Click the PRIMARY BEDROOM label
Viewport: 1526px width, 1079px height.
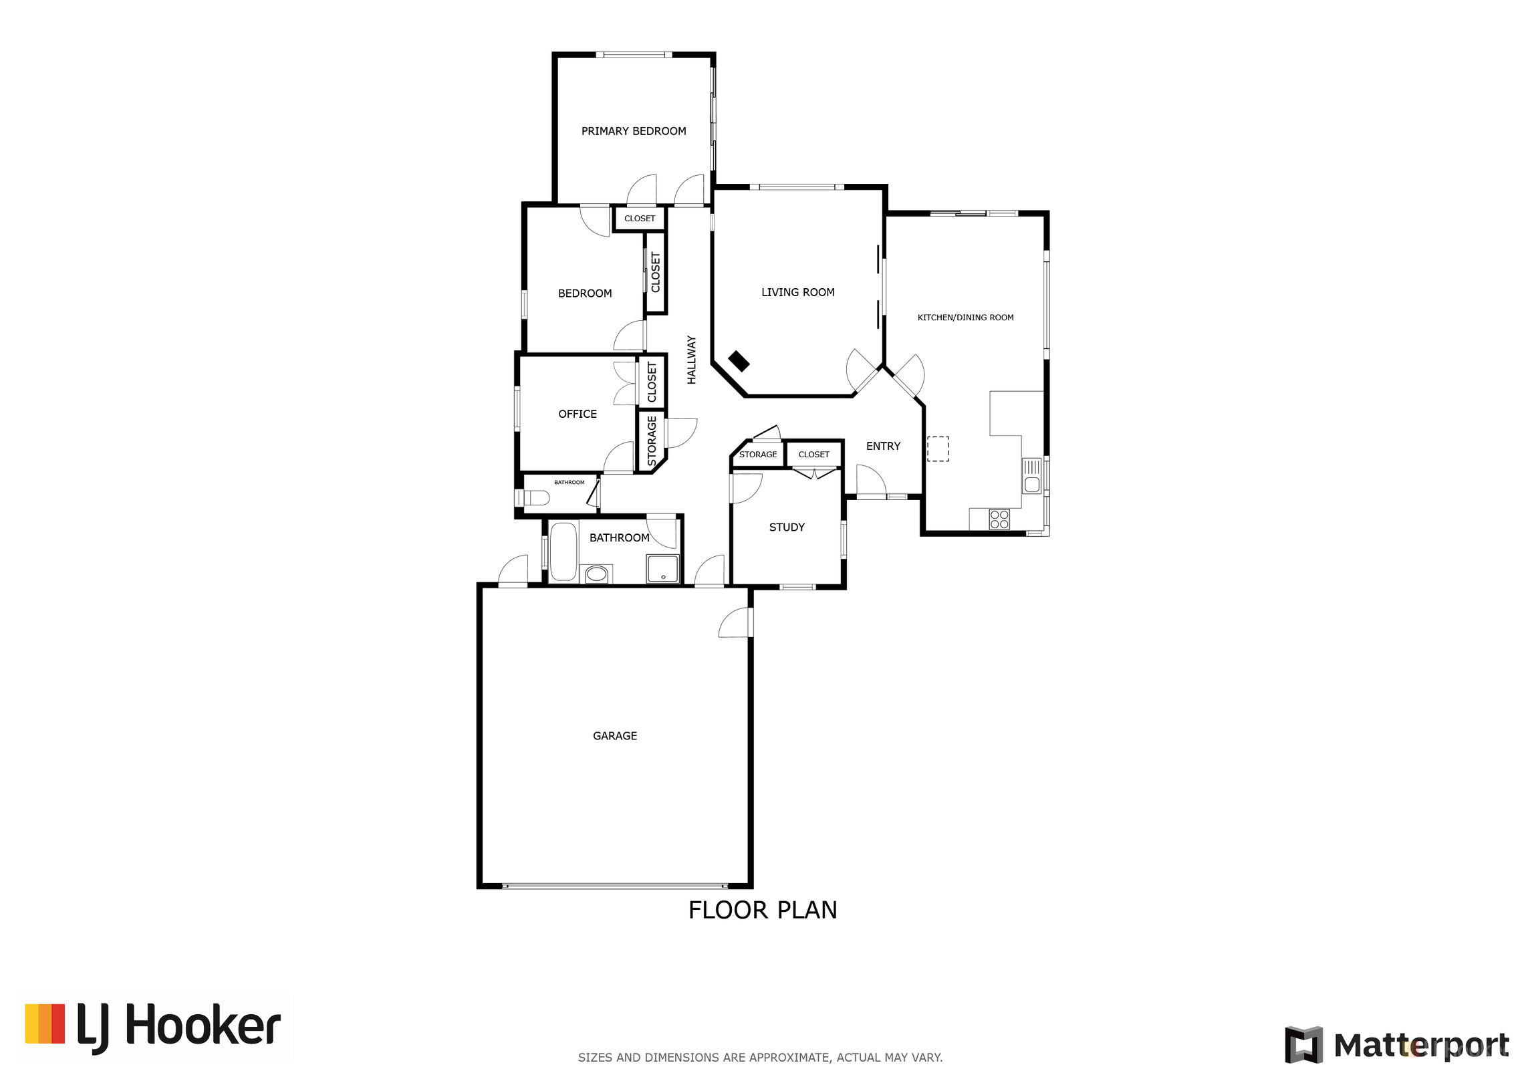[x=633, y=131]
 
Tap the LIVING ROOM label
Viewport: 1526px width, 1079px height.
[x=797, y=292]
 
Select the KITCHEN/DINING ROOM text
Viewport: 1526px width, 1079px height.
[x=965, y=318]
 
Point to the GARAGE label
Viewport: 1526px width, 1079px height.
[x=615, y=735]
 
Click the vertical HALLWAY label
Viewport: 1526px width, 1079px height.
[x=692, y=360]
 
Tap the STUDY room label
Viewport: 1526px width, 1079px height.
[x=787, y=527]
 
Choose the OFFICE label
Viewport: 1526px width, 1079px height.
[x=578, y=414]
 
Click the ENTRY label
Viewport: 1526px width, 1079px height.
[x=883, y=446]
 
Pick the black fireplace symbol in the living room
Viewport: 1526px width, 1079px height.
[x=739, y=361]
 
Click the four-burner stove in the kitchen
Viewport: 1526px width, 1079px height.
[x=999, y=519]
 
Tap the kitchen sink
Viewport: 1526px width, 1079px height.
[x=1031, y=476]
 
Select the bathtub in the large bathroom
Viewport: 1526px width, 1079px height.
[x=563, y=552]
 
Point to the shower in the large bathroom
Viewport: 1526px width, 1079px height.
[x=662, y=569]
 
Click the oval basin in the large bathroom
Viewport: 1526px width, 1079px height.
[x=596, y=574]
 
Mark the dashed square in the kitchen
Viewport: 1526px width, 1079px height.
[x=938, y=449]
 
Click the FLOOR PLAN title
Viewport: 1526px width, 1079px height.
[x=763, y=910]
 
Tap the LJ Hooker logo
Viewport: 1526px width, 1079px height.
[x=153, y=1028]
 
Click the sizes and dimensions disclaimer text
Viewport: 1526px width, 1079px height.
[x=760, y=1058]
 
